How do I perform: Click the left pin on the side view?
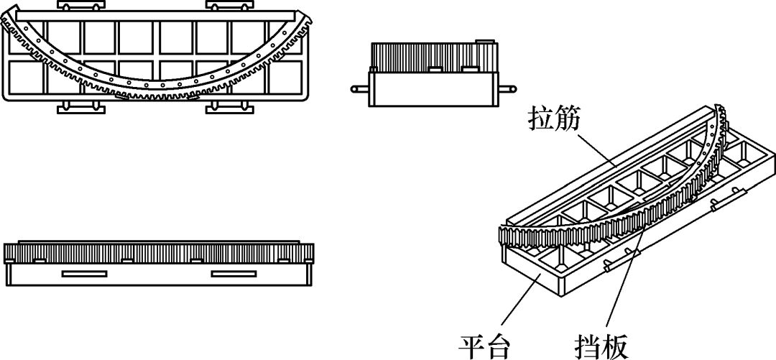coord(359,89)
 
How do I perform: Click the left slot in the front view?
coord(84,273)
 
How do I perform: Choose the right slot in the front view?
coord(234,273)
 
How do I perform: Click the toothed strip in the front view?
coord(158,252)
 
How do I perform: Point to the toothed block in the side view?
coord(431,55)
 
